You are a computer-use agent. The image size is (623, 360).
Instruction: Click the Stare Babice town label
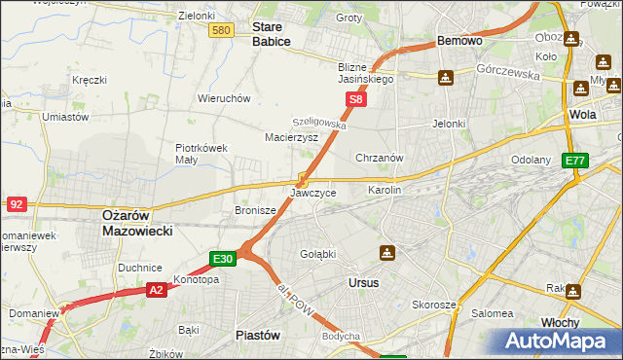(272, 35)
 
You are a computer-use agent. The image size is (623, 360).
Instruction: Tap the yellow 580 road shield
(221, 31)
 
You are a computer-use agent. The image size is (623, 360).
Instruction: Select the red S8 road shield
(357, 99)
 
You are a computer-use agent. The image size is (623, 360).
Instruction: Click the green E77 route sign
(574, 161)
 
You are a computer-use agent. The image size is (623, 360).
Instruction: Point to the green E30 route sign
(223, 258)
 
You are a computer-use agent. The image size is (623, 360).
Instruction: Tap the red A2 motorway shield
(158, 289)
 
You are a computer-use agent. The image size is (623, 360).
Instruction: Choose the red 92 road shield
(16, 203)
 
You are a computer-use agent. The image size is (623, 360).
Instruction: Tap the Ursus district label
(363, 282)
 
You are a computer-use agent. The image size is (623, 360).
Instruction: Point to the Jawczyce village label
(313, 193)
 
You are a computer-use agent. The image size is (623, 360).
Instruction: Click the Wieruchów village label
(225, 98)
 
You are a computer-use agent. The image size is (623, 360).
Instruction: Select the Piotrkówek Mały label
(201, 154)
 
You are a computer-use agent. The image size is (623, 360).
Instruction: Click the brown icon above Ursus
(387, 254)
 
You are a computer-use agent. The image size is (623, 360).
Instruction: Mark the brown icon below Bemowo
(445, 77)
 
